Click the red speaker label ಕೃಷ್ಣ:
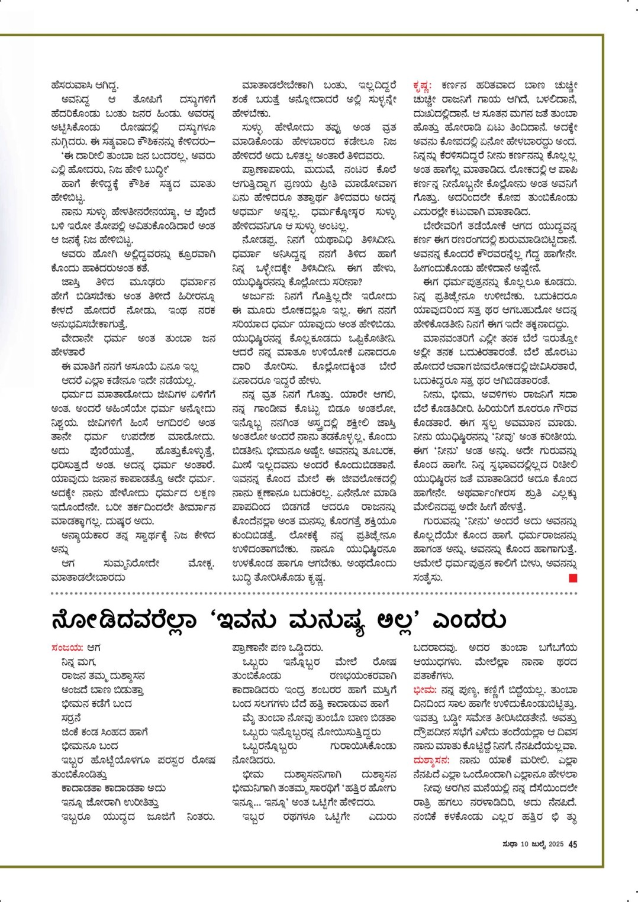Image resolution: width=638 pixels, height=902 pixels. [x=423, y=86]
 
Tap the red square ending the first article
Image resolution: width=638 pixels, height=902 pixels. [x=573, y=578]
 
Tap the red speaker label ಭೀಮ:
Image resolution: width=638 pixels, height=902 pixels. [x=425, y=690]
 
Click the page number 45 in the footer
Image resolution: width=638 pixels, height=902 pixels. [x=573, y=845]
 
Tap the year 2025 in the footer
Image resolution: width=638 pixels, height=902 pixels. [x=555, y=845]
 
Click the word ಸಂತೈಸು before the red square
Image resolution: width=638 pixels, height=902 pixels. [x=428, y=578]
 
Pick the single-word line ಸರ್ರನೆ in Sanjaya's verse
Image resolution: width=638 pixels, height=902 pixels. [x=72, y=719]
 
